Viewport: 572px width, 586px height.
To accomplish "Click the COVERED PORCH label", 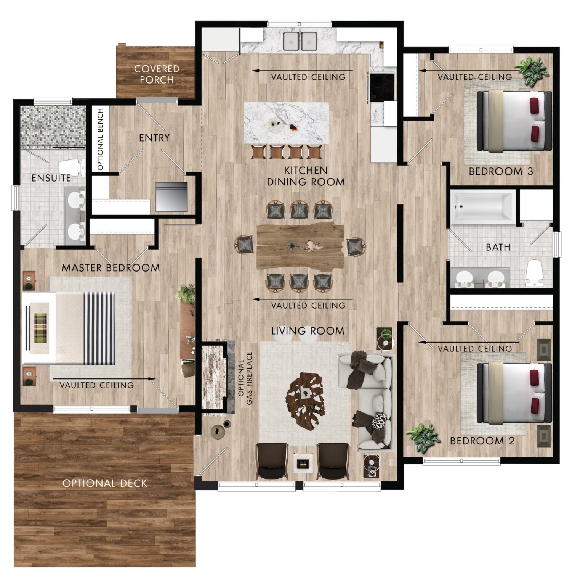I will pyautogui.click(x=156, y=74).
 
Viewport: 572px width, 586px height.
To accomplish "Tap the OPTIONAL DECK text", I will pyautogui.click(x=105, y=483).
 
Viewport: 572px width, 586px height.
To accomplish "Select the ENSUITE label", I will pyautogui.click(x=51, y=178).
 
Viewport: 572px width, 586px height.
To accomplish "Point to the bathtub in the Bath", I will pyautogui.click(x=482, y=207).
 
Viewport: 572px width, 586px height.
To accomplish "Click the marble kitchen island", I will pyautogui.click(x=287, y=122).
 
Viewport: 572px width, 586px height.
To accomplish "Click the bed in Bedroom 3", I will pyautogui.click(x=513, y=120).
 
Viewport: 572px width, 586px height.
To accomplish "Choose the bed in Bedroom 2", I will pyautogui.click(x=513, y=393).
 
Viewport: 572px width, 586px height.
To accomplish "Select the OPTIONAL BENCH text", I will pyautogui.click(x=101, y=139).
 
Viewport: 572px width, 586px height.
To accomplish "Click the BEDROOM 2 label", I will pyautogui.click(x=482, y=441).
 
